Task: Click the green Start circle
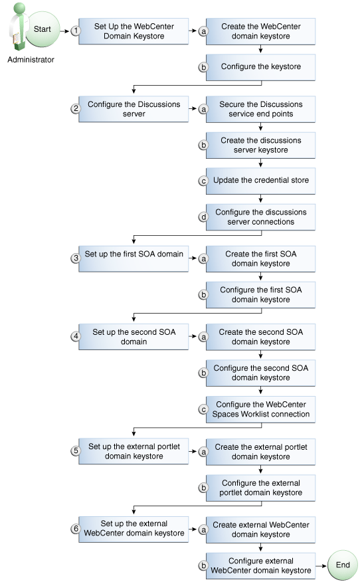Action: pyautogui.click(x=42, y=30)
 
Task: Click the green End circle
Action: pyautogui.click(x=343, y=565)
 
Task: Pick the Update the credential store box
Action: pyautogui.click(x=260, y=180)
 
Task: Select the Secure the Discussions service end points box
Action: pyautogui.click(x=260, y=109)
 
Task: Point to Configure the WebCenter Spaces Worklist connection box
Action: pyautogui.click(x=260, y=409)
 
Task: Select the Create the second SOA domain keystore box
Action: pyautogui.click(x=260, y=337)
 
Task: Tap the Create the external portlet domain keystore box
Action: pyautogui.click(x=260, y=452)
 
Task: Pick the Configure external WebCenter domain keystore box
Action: pyautogui.click(x=260, y=565)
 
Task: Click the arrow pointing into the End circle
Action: pyautogui.click(x=322, y=565)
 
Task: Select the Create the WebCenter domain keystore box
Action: pyautogui.click(x=260, y=31)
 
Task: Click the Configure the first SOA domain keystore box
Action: pyautogui.click(x=260, y=294)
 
